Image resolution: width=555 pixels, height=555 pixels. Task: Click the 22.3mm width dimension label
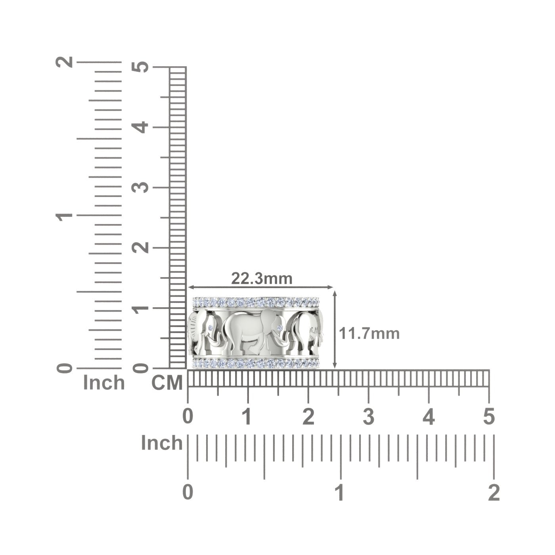click(x=262, y=279)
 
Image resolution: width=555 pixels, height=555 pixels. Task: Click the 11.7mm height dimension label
click(x=369, y=334)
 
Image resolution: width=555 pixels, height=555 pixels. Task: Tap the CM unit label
click(x=167, y=383)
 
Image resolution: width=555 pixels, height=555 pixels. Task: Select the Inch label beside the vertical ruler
click(x=104, y=383)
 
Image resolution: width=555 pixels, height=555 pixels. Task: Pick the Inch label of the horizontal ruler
click(x=162, y=443)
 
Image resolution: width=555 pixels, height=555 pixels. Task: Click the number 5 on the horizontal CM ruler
click(x=489, y=417)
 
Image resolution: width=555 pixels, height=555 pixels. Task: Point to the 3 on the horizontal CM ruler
click(x=369, y=417)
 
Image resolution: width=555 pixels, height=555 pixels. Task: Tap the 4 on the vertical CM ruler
click(x=140, y=127)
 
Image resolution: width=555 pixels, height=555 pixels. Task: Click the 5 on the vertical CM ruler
click(x=140, y=67)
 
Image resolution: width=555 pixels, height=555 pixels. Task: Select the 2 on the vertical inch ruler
click(x=64, y=62)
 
